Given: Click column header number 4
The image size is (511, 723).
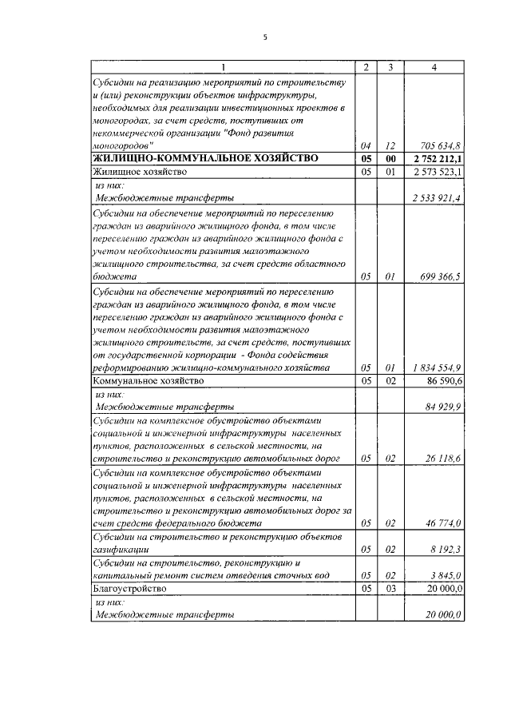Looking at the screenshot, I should point(433,67).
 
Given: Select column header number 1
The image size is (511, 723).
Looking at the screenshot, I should point(223,67).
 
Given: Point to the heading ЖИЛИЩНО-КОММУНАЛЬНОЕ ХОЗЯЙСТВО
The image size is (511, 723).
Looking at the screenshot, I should point(205,158).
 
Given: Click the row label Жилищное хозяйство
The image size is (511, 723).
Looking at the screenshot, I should point(141,171).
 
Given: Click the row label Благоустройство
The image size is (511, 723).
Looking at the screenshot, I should point(130,588).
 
